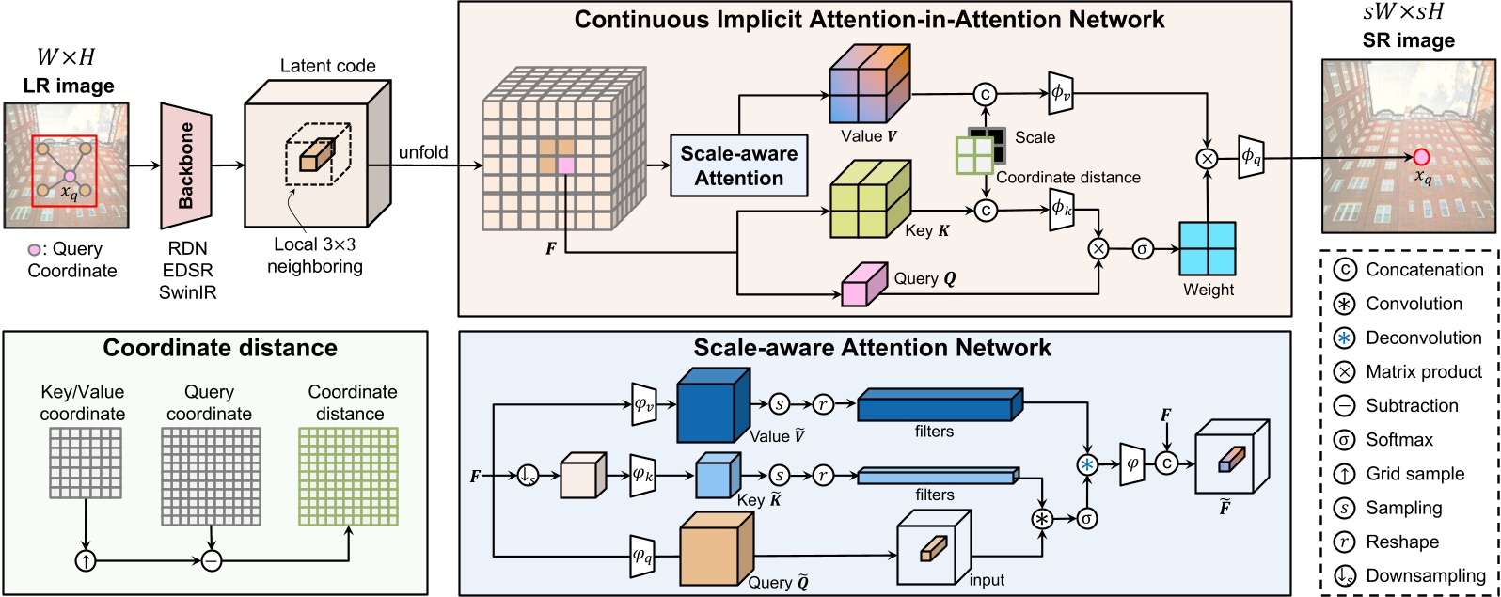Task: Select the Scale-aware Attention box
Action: coord(738,165)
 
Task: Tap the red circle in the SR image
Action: coord(1421,157)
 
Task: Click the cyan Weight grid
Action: coord(1208,249)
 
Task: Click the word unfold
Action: coord(423,152)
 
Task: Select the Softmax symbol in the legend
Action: coord(1345,440)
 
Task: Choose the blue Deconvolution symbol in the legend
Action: coord(1345,338)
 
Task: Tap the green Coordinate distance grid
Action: coord(348,476)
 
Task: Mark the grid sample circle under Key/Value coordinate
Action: coord(86,561)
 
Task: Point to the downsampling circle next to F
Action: coord(529,477)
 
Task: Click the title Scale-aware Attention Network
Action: coord(872,348)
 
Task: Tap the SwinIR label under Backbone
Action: coord(187,291)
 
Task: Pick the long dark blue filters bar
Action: coord(939,405)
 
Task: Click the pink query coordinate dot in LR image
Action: coord(71,176)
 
